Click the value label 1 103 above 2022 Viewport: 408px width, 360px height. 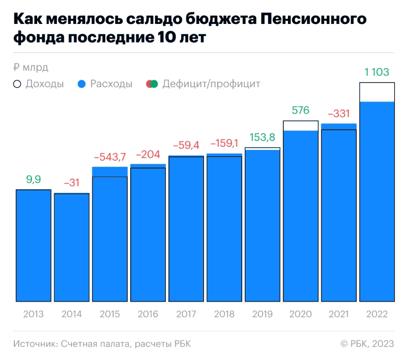pyautogui.click(x=377, y=72)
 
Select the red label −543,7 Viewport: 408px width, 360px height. pyautogui.click(x=110, y=157)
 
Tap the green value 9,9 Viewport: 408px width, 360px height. pyautogui.click(x=33, y=180)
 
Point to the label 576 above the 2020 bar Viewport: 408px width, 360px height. pyautogui.click(x=301, y=111)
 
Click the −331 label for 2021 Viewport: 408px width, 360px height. pyautogui.click(x=338, y=113)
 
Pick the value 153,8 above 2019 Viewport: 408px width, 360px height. pyautogui.click(x=262, y=137)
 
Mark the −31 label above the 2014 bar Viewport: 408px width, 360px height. pyautogui.click(x=72, y=183)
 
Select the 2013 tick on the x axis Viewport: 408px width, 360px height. pyautogui.click(x=33, y=314)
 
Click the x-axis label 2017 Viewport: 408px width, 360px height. pyautogui.click(x=186, y=314)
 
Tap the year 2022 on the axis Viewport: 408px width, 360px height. pyautogui.click(x=377, y=314)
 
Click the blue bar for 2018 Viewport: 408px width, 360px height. pyautogui.click(x=224, y=229)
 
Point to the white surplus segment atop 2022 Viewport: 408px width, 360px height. pyautogui.click(x=377, y=92)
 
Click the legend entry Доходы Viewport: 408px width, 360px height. pyautogui.click(x=45, y=84)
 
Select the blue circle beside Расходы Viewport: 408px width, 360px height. pyautogui.click(x=81, y=84)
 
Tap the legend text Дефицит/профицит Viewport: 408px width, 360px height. pyautogui.click(x=211, y=84)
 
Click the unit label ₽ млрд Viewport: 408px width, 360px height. pyautogui.click(x=30, y=68)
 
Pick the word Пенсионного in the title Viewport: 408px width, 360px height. pyautogui.click(x=314, y=20)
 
